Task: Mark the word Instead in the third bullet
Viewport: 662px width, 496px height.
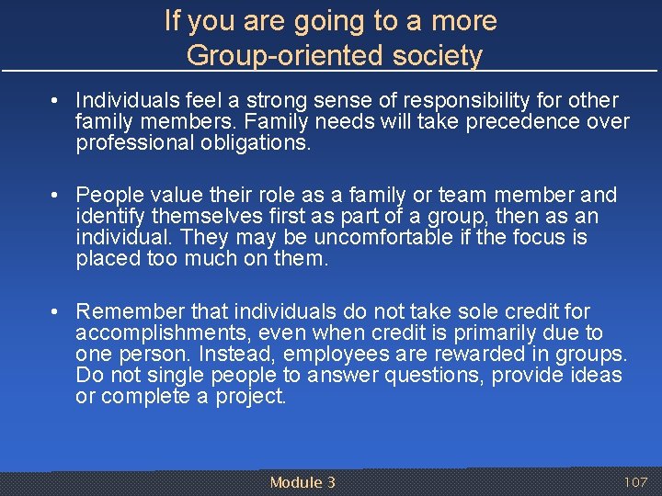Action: (x=241, y=354)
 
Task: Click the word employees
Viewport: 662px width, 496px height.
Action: (x=334, y=354)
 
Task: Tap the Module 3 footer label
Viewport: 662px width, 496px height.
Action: (x=302, y=482)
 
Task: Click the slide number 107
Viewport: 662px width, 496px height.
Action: (x=635, y=482)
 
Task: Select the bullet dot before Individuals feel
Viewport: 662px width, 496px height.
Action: (x=57, y=100)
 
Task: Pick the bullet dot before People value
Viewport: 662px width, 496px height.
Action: (x=57, y=195)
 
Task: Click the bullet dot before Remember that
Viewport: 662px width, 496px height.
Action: (x=57, y=311)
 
